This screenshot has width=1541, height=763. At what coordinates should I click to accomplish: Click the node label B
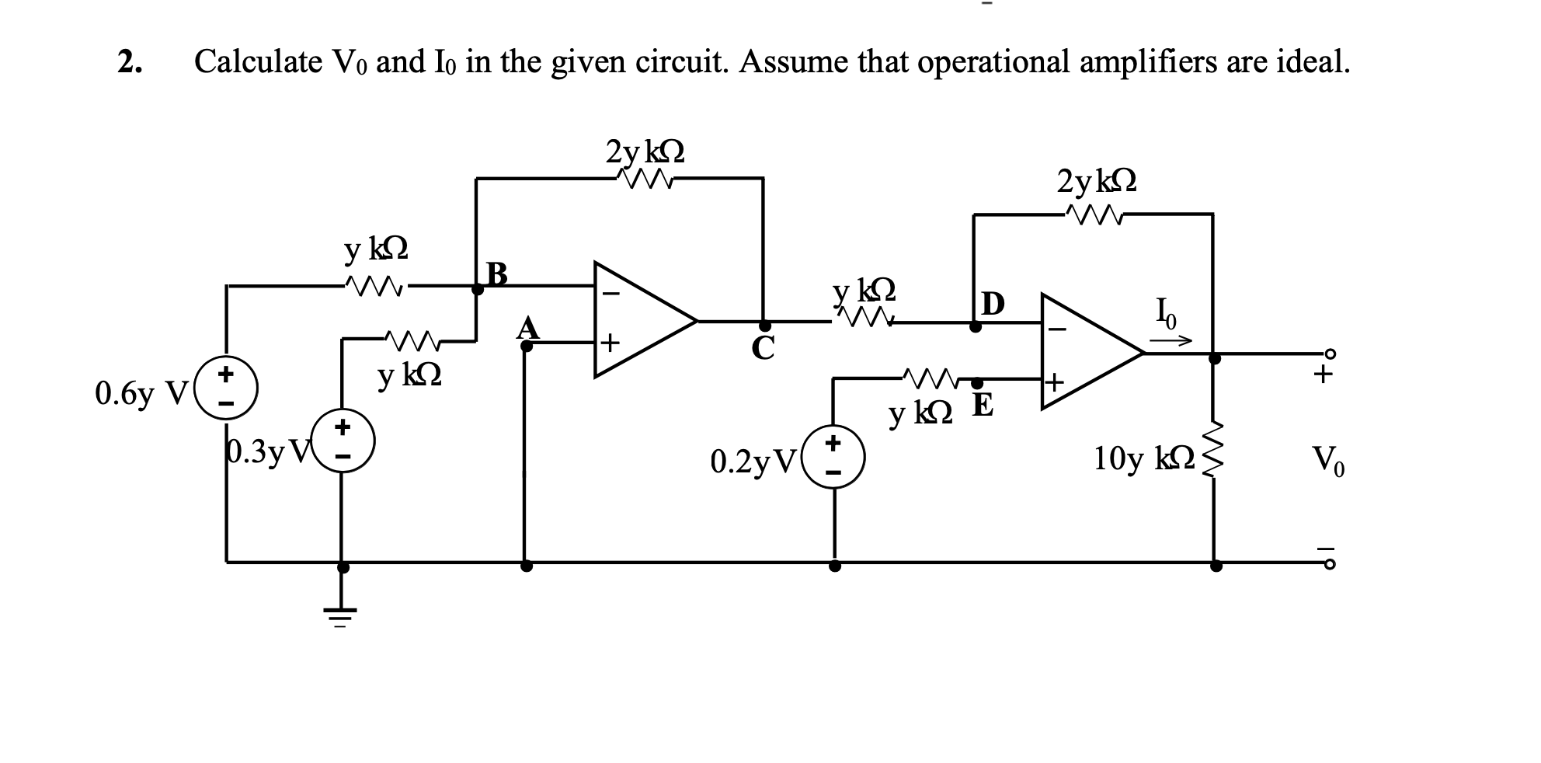(x=496, y=273)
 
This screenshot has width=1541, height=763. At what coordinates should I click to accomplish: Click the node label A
(x=528, y=328)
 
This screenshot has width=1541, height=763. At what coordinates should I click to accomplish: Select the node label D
(x=993, y=303)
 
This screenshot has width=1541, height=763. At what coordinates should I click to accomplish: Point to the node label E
(x=983, y=406)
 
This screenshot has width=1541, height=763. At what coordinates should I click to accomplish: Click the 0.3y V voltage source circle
(x=343, y=441)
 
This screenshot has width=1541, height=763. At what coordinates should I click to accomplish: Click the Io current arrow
(x=1170, y=340)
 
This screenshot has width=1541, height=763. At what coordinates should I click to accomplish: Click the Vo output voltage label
(x=1327, y=462)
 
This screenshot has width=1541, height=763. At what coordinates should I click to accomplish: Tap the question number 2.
(x=129, y=61)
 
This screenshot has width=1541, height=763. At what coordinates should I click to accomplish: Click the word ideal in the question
(x=1312, y=60)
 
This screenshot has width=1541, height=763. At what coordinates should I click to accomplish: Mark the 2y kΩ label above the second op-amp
(x=1097, y=181)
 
